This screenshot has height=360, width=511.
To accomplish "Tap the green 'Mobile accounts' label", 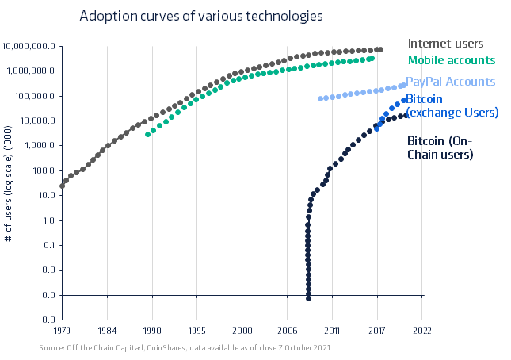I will (x=451, y=59).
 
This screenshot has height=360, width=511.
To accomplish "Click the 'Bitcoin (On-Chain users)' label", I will (x=440, y=147).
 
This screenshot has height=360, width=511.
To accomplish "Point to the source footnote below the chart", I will (x=185, y=348).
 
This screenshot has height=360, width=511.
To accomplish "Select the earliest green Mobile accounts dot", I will (x=147, y=135).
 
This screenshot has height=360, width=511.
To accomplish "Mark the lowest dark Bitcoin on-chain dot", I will (x=308, y=298).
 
